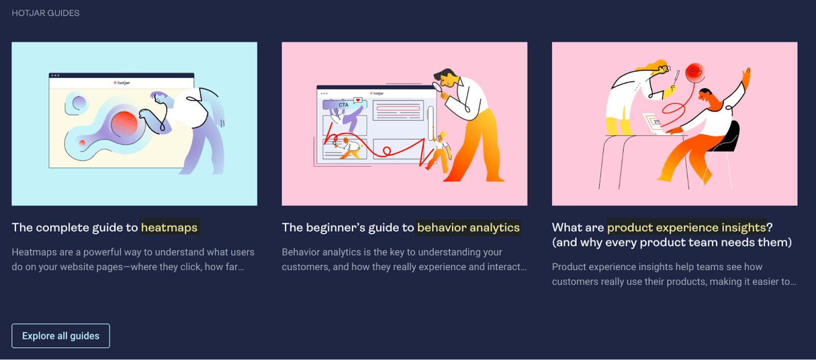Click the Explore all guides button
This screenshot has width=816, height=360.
[x=61, y=336]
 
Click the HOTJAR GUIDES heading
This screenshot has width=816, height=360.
[x=45, y=13]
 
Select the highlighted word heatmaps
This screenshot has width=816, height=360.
[x=169, y=227]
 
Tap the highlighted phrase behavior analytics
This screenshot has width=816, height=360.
[x=468, y=227]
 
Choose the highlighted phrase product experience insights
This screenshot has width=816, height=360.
[x=686, y=227]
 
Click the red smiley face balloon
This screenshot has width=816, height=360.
[x=695, y=72]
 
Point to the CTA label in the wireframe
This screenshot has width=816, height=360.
[x=344, y=105]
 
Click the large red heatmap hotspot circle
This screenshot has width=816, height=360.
[x=124, y=124]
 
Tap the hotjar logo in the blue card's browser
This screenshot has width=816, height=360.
[x=122, y=83]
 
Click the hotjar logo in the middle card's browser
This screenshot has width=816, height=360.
[x=377, y=93]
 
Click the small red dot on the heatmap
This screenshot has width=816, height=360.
[x=82, y=142]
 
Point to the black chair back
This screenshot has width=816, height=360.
[x=729, y=137]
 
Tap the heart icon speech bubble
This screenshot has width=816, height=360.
[x=358, y=100]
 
